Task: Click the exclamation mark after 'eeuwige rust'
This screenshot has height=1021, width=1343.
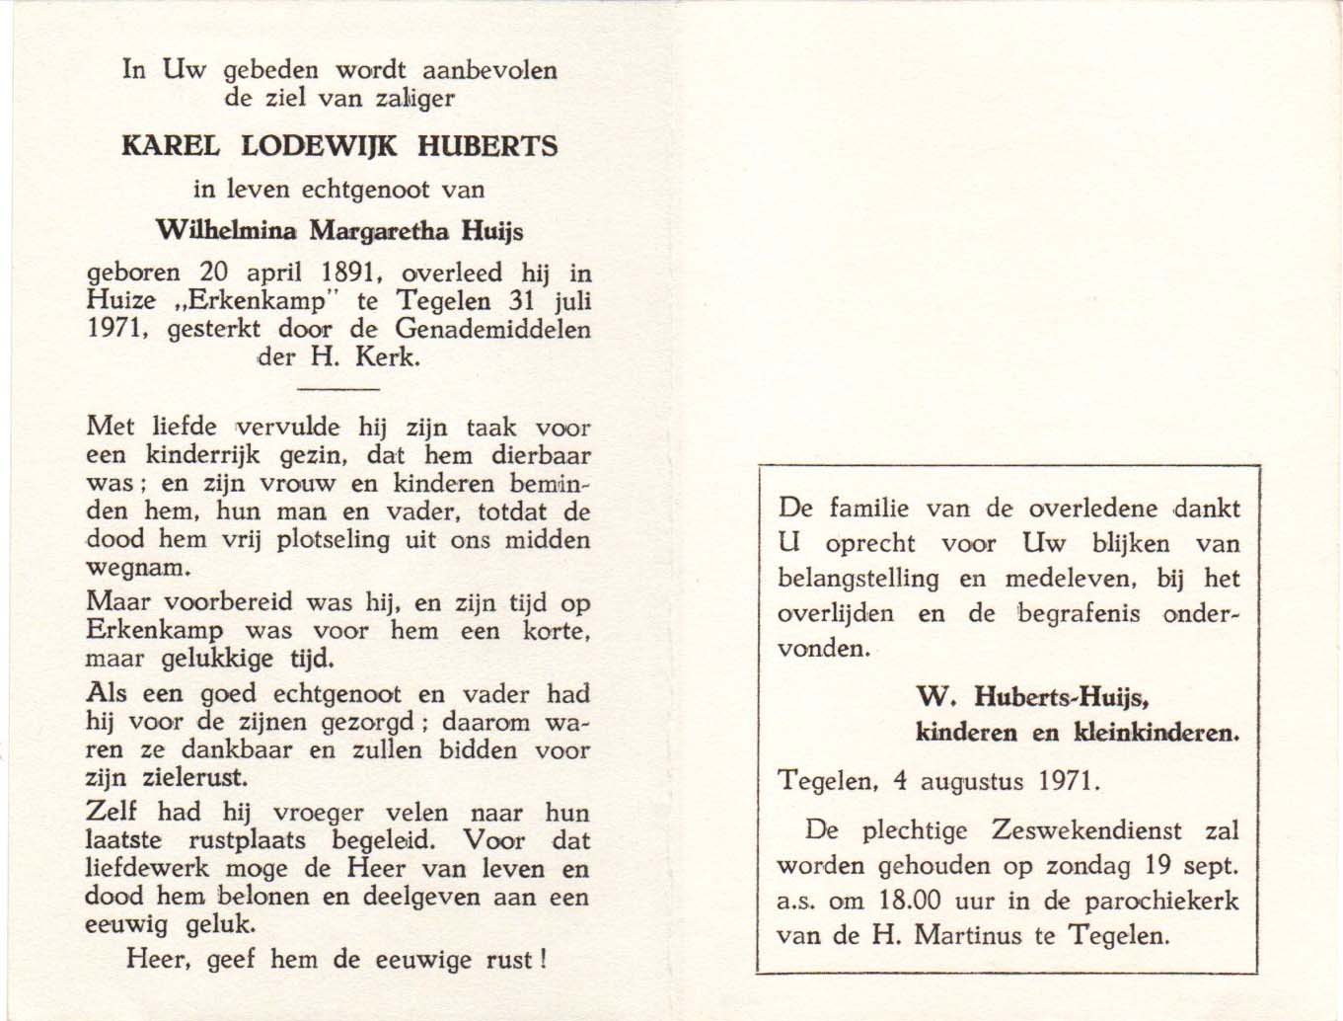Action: click(x=544, y=959)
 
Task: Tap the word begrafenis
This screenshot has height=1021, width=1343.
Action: click(x=1080, y=613)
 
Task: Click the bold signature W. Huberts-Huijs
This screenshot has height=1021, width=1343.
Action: click(x=1034, y=697)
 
